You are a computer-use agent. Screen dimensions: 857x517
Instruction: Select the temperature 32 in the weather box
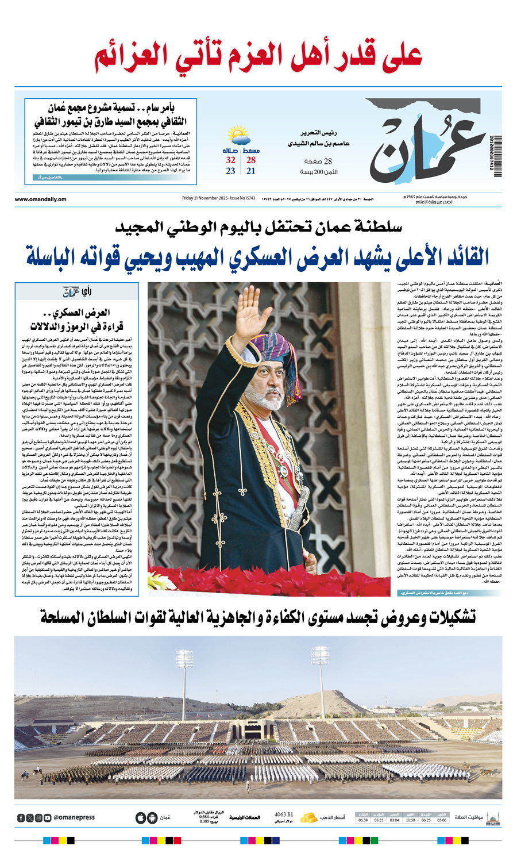coord(231,160)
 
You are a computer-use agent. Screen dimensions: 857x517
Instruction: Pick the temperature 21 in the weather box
coord(251,171)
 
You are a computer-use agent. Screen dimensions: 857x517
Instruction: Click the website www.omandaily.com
coord(40,199)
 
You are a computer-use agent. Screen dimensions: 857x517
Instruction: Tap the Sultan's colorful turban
coord(269,351)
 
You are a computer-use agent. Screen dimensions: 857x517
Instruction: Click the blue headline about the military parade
coord(258,256)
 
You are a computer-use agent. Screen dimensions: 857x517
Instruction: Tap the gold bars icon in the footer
coord(310,817)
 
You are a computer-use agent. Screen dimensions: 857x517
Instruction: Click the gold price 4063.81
coord(284,814)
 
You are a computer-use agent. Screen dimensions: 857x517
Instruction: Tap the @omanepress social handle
coord(74,817)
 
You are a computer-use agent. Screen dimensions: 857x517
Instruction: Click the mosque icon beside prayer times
coord(492,817)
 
